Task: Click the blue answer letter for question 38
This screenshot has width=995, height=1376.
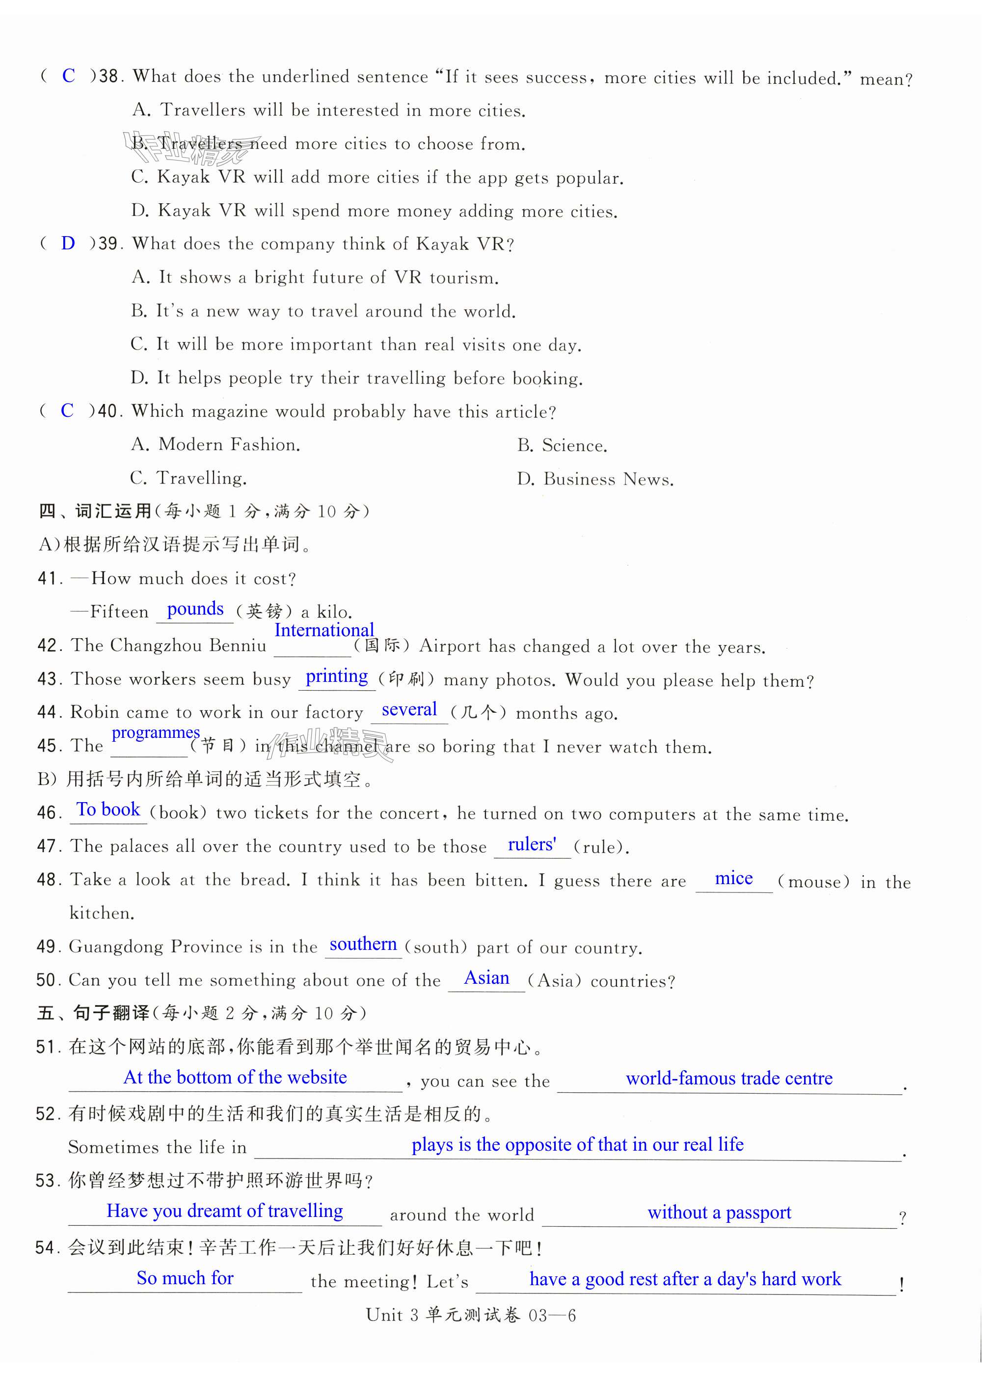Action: (x=69, y=76)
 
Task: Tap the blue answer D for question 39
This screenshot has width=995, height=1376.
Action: (x=68, y=243)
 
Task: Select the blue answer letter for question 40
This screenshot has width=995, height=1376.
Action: (x=67, y=411)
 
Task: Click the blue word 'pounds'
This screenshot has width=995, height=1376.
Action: (x=195, y=609)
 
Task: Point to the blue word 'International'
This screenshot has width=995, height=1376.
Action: (x=324, y=630)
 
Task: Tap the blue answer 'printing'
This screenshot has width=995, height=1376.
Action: (x=337, y=676)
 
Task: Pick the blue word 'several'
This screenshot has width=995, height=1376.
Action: (x=409, y=709)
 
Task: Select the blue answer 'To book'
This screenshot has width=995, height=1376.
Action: (x=108, y=809)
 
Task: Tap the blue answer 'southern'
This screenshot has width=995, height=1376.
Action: (x=363, y=944)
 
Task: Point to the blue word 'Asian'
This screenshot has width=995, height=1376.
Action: (x=486, y=978)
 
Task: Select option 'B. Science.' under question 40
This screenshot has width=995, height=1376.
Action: (x=562, y=445)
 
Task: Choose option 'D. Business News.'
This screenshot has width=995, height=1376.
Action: (x=595, y=479)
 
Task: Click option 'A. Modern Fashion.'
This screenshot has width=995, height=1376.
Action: (x=215, y=445)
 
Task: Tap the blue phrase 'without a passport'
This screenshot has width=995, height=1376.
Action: (x=719, y=1212)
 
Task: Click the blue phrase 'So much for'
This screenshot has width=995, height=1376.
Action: (x=185, y=1278)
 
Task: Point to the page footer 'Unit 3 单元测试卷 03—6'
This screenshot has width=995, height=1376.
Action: (x=471, y=1315)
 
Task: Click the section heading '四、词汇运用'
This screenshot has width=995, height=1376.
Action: (x=95, y=511)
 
